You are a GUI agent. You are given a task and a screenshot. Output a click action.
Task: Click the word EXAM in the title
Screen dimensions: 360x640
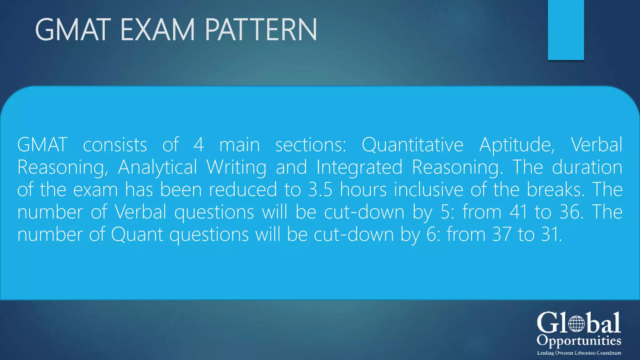(157, 30)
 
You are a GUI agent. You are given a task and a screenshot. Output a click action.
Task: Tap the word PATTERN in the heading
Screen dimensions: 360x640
(261, 30)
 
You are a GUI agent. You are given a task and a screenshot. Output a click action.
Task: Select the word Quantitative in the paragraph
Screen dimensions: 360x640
(412, 145)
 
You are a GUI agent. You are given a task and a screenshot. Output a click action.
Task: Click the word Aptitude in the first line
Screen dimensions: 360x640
(517, 145)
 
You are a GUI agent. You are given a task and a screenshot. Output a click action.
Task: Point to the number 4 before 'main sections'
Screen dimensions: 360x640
(198, 145)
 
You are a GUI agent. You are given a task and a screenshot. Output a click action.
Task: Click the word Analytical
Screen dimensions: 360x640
(157, 167)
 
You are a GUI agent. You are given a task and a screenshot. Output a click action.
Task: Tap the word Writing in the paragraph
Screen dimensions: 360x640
(236, 167)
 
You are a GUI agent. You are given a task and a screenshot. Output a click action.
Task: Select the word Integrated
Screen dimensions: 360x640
(359, 167)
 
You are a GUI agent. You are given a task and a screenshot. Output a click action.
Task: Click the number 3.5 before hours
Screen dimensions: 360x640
(320, 190)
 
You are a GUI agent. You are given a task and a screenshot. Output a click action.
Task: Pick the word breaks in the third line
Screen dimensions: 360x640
(555, 190)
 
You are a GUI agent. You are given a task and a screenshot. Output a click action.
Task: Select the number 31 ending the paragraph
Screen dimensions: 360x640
(551, 234)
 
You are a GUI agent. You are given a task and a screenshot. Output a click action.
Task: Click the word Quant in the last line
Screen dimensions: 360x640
(137, 234)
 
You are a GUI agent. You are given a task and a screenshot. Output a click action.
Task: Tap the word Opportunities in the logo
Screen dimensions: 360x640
(579, 341)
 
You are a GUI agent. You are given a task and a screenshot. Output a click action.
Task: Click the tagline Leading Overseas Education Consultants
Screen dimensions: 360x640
(579, 353)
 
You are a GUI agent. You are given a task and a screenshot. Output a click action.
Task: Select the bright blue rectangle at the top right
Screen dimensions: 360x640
(566, 30)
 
